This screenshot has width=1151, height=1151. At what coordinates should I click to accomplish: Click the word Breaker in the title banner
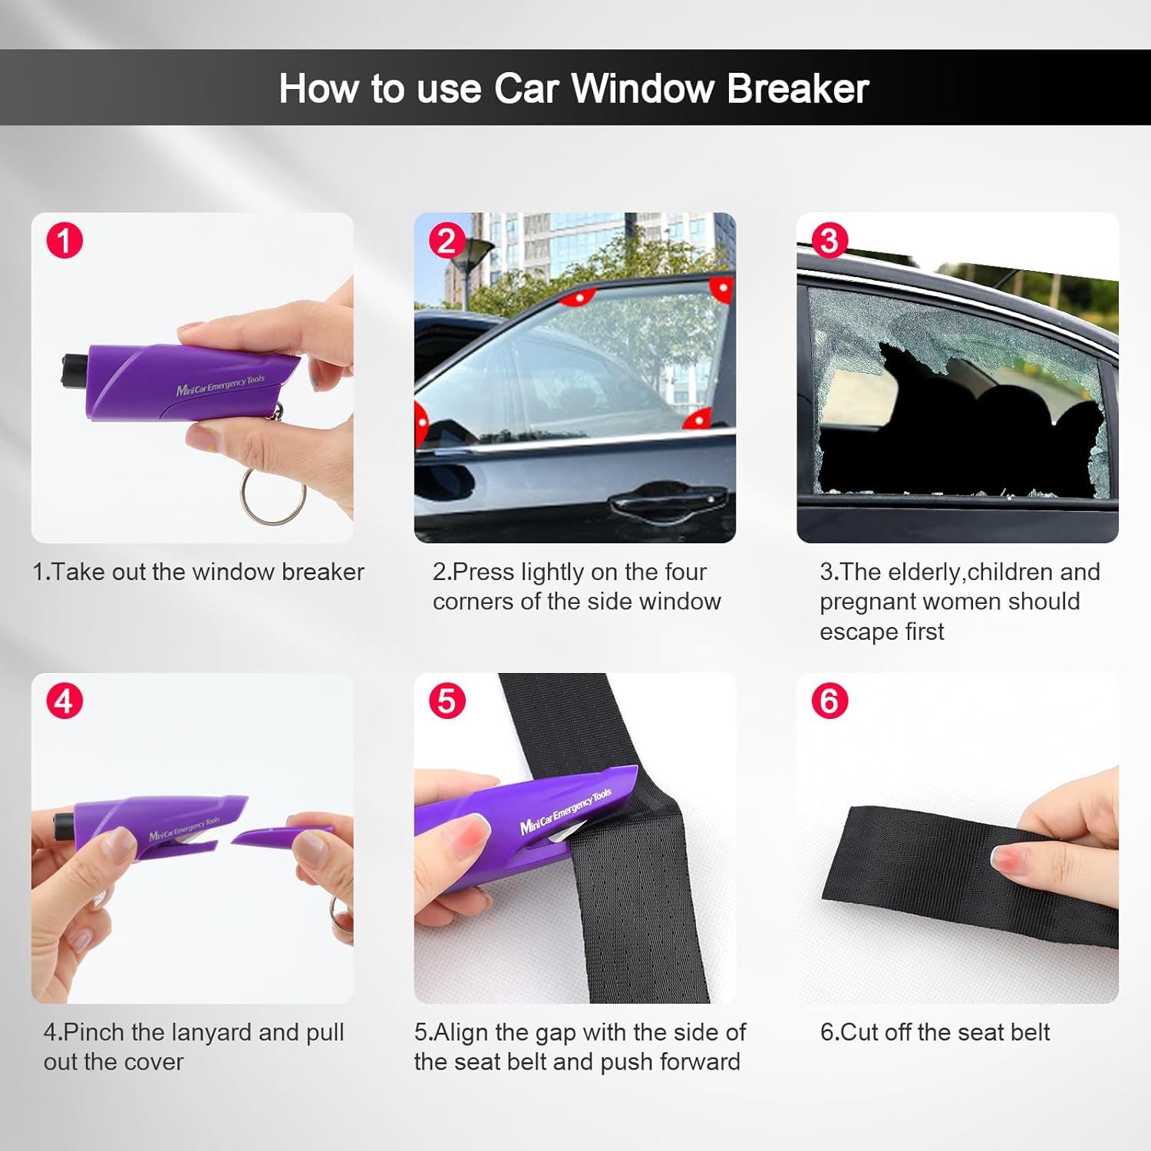coord(797,88)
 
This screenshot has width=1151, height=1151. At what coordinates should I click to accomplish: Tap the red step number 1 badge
coord(64,240)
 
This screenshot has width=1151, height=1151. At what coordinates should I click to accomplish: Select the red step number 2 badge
coord(447,240)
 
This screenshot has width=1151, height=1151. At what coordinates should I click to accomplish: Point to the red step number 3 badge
coord(829,240)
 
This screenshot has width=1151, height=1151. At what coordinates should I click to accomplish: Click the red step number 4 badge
coord(64,701)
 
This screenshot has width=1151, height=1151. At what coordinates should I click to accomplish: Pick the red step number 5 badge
coord(447,701)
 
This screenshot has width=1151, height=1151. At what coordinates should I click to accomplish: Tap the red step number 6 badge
coord(829,701)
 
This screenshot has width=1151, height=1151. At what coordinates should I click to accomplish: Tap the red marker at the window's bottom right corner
coord(698,419)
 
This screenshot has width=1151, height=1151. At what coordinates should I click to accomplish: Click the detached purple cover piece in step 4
coord(280,835)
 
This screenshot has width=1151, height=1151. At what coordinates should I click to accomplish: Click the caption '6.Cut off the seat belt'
coord(935,1032)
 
